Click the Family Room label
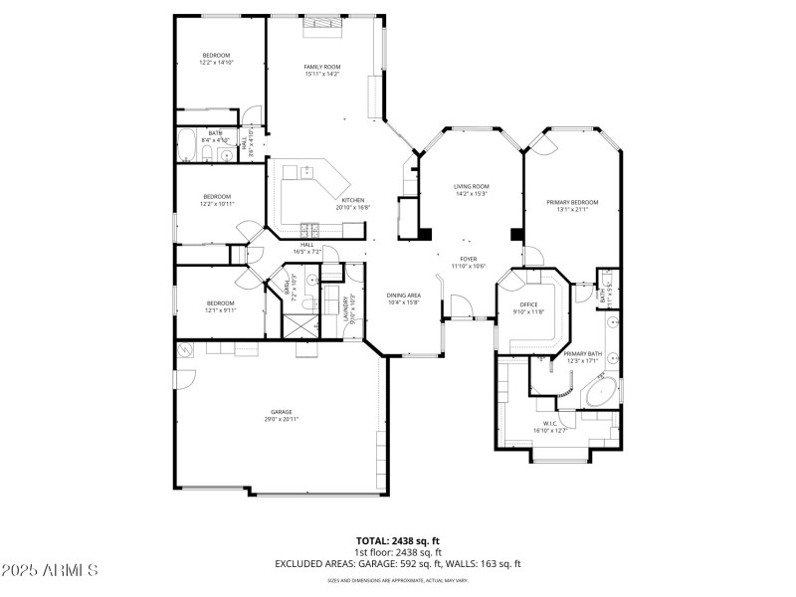click(321, 67)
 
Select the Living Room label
click(472, 186)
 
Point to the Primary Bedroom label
click(572, 202)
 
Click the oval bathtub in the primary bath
click(600, 395)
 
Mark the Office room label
click(528, 304)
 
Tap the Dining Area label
click(404, 296)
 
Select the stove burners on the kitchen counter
click(310, 226)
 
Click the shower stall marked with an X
click(298, 325)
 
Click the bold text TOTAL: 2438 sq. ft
click(398, 542)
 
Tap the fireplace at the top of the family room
click(322, 22)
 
